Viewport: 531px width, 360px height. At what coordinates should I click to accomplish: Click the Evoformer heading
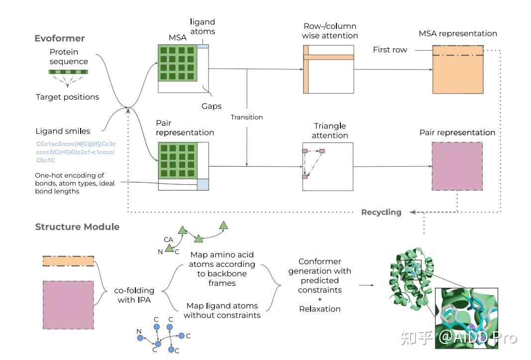(60, 38)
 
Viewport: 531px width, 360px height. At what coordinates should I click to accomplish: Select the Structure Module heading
(77, 227)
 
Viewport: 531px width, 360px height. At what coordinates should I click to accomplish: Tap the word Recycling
(381, 212)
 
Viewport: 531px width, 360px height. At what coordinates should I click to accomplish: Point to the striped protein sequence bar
(68, 72)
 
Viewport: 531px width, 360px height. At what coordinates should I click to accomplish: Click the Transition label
(246, 117)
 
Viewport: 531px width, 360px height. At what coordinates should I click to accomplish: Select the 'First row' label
(390, 50)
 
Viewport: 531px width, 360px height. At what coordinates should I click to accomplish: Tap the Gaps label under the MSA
(212, 106)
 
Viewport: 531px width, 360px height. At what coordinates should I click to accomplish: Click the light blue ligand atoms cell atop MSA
(203, 46)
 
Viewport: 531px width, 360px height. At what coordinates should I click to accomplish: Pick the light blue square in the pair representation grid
(203, 184)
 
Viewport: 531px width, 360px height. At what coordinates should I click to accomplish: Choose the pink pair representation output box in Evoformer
(457, 166)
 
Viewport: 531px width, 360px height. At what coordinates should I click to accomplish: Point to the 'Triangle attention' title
(330, 130)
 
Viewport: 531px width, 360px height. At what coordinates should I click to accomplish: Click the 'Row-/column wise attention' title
(330, 31)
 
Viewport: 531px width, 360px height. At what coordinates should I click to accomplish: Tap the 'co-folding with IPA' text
(134, 295)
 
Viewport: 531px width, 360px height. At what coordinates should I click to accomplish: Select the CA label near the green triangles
(168, 240)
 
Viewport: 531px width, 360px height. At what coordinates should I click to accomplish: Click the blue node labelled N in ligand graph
(140, 338)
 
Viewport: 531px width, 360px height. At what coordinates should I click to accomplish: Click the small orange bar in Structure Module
(68, 261)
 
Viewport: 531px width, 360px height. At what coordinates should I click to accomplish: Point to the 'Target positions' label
(67, 97)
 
